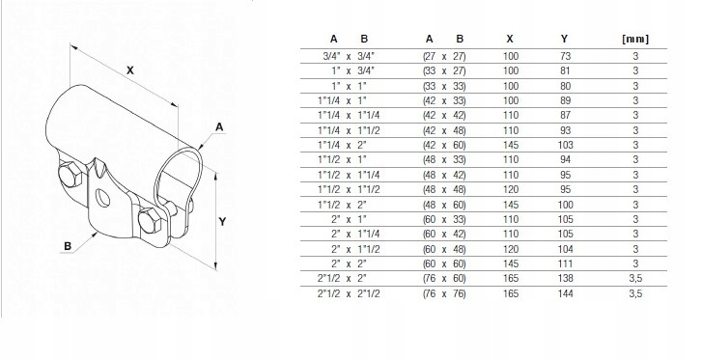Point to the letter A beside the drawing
220,126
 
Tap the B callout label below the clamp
69,246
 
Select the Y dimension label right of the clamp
223,220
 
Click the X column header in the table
510,40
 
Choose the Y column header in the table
564,40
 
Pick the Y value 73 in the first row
565,57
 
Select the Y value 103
565,143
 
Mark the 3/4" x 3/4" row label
351,57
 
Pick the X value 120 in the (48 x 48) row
511,189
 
